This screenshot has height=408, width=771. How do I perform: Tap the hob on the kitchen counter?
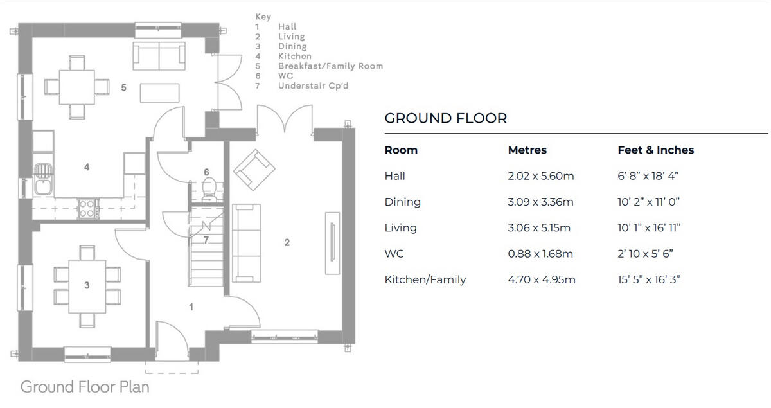point(87,208)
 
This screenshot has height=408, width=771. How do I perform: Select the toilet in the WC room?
point(208,188)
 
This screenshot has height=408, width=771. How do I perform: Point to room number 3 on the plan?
point(87,285)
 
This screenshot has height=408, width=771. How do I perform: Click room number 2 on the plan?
point(287,242)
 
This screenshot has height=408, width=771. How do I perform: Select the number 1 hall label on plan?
point(191,307)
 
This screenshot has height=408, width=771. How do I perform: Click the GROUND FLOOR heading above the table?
point(445,118)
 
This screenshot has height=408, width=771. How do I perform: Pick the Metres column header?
point(527,150)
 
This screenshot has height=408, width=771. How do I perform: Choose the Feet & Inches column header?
point(655,150)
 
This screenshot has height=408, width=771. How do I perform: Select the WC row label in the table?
point(394,254)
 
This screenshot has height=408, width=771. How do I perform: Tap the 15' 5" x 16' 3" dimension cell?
point(648,279)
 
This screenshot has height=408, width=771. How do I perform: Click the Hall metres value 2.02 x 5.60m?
point(540,176)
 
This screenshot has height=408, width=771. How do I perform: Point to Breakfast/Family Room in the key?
point(330,66)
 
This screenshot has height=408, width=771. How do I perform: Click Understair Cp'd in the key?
point(313,85)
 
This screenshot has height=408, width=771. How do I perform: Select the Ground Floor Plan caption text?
point(85,387)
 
